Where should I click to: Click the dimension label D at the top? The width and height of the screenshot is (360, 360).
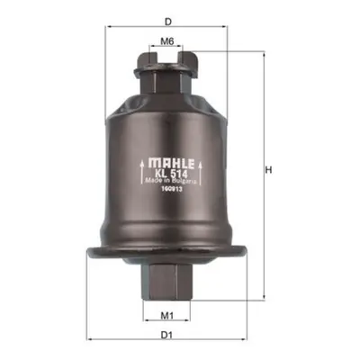click(x=168, y=22)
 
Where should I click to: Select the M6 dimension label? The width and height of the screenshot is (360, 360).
click(x=167, y=41)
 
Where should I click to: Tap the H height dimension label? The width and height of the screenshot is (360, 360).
click(x=268, y=170)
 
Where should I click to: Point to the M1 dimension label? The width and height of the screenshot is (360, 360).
click(x=167, y=315)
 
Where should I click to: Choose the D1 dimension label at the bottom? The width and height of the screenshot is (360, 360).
click(x=166, y=335)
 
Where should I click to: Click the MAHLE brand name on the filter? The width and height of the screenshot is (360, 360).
click(x=171, y=164)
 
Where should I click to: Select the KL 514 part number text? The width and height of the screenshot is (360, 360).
click(x=171, y=174)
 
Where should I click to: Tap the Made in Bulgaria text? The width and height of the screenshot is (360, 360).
click(x=171, y=181)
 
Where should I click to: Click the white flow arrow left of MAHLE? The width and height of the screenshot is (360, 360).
click(x=142, y=172)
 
